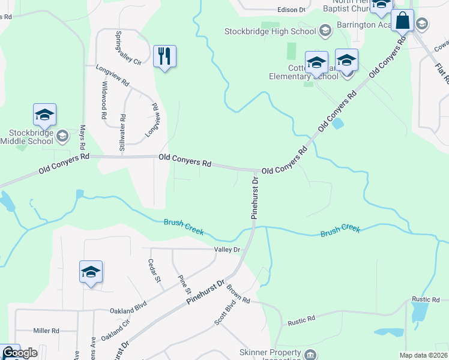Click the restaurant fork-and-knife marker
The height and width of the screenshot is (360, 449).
point(164,56)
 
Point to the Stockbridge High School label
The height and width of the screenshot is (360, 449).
point(270,31)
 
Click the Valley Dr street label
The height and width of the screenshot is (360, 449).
point(228,249)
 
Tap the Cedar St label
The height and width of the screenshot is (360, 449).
point(154,271)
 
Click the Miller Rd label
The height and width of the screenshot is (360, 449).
point(46,331)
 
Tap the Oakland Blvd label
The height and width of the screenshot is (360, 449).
point(128,310)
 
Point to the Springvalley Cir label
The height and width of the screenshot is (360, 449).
point(127,48)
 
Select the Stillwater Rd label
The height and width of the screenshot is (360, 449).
point(122,132)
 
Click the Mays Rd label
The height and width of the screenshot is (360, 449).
point(83,138)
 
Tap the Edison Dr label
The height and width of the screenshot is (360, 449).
point(292,10)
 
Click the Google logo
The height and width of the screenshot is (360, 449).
point(20,353)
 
